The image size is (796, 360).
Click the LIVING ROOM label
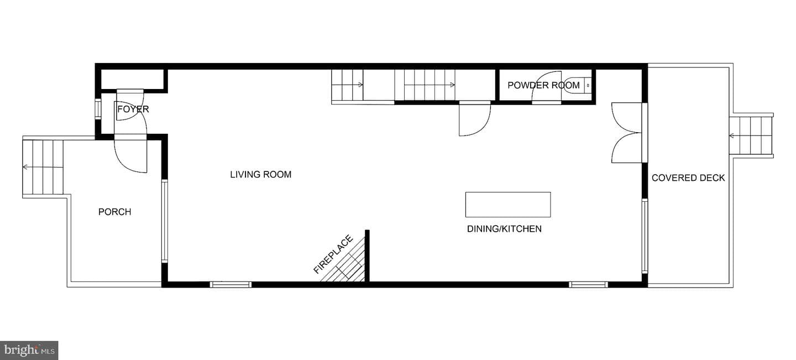260,175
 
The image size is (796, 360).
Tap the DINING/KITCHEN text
504,229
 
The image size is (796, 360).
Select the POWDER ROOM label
543,85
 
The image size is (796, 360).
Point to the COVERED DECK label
688,178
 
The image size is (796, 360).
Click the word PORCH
115,212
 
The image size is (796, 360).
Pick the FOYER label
133,109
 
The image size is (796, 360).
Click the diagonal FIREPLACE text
333,254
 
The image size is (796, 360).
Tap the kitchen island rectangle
508,205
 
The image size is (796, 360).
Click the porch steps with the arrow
43,167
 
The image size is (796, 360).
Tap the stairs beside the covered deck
751,135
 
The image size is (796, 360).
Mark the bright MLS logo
29,351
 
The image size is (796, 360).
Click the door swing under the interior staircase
475,119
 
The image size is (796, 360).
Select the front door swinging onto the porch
130,155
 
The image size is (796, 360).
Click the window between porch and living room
165,221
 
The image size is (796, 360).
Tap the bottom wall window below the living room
231,284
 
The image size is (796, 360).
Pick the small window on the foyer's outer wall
98,109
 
